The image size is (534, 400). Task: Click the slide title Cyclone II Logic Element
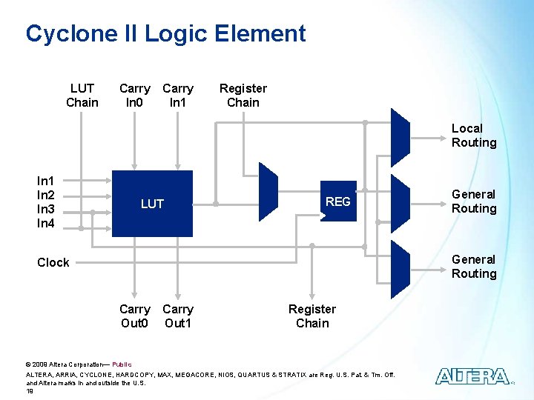coord(165,33)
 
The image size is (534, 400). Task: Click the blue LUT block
coord(152,204)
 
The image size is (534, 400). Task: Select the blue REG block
coord(337,201)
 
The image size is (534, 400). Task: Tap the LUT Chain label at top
coord(82,96)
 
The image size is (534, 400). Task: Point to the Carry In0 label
coord(134,96)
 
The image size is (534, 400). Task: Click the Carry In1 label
coord(178,96)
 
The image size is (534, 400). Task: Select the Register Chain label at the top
coord(243,96)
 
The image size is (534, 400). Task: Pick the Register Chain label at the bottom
coord(311,316)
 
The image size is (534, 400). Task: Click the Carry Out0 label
coord(134,316)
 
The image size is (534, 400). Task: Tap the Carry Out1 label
coord(178,316)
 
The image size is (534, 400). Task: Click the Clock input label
coord(53,262)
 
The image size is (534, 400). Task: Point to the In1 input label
coord(46,181)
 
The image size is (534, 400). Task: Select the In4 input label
coord(46,223)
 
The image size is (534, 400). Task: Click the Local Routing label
coord(473,136)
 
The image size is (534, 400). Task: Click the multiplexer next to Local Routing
coord(400,137)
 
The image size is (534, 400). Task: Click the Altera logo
coord(472,376)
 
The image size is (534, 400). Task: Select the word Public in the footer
coord(122,364)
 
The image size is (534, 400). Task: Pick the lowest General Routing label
coord(473,267)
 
